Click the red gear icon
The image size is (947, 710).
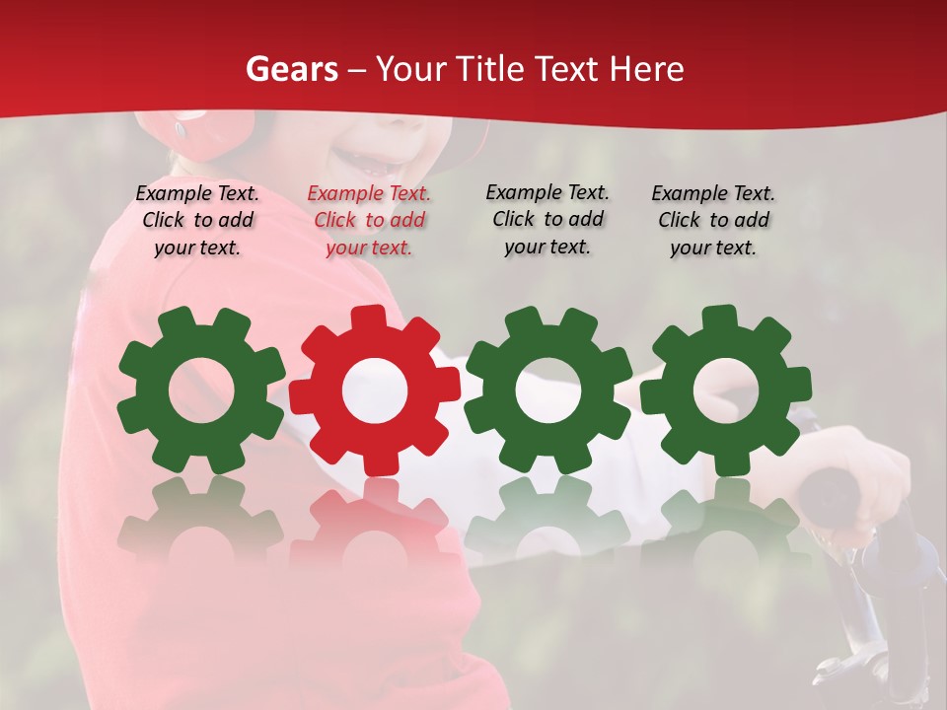click(x=374, y=390)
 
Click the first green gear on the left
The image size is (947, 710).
click(x=201, y=390)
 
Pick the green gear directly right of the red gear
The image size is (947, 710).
click(x=548, y=390)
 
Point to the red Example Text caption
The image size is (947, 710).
click(x=369, y=221)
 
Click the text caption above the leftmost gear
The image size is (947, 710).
click(x=197, y=220)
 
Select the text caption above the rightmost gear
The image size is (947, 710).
click(x=713, y=220)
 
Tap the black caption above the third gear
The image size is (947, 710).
click(x=547, y=219)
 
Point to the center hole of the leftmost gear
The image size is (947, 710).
click(x=201, y=390)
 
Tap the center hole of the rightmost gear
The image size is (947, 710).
click(x=725, y=390)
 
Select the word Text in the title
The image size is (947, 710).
click(x=566, y=69)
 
